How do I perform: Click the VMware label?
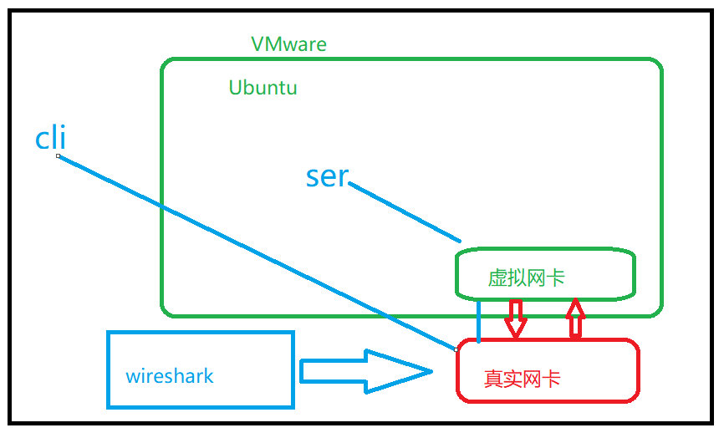tap(288, 44)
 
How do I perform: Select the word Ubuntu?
tap(263, 88)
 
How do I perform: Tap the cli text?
tap(50, 138)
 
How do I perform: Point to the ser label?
tap(326, 176)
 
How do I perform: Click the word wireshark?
tap(170, 375)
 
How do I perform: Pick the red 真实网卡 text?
tap(522, 379)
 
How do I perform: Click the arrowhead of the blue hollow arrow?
tap(401, 371)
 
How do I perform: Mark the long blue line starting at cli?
tap(251, 249)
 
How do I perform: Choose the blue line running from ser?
tap(405, 213)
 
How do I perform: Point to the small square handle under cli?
tap(58, 155)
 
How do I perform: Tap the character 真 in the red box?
tap(493, 379)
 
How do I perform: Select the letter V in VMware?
tap(258, 44)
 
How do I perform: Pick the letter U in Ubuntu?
tap(236, 88)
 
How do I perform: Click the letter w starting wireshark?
tap(132, 376)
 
